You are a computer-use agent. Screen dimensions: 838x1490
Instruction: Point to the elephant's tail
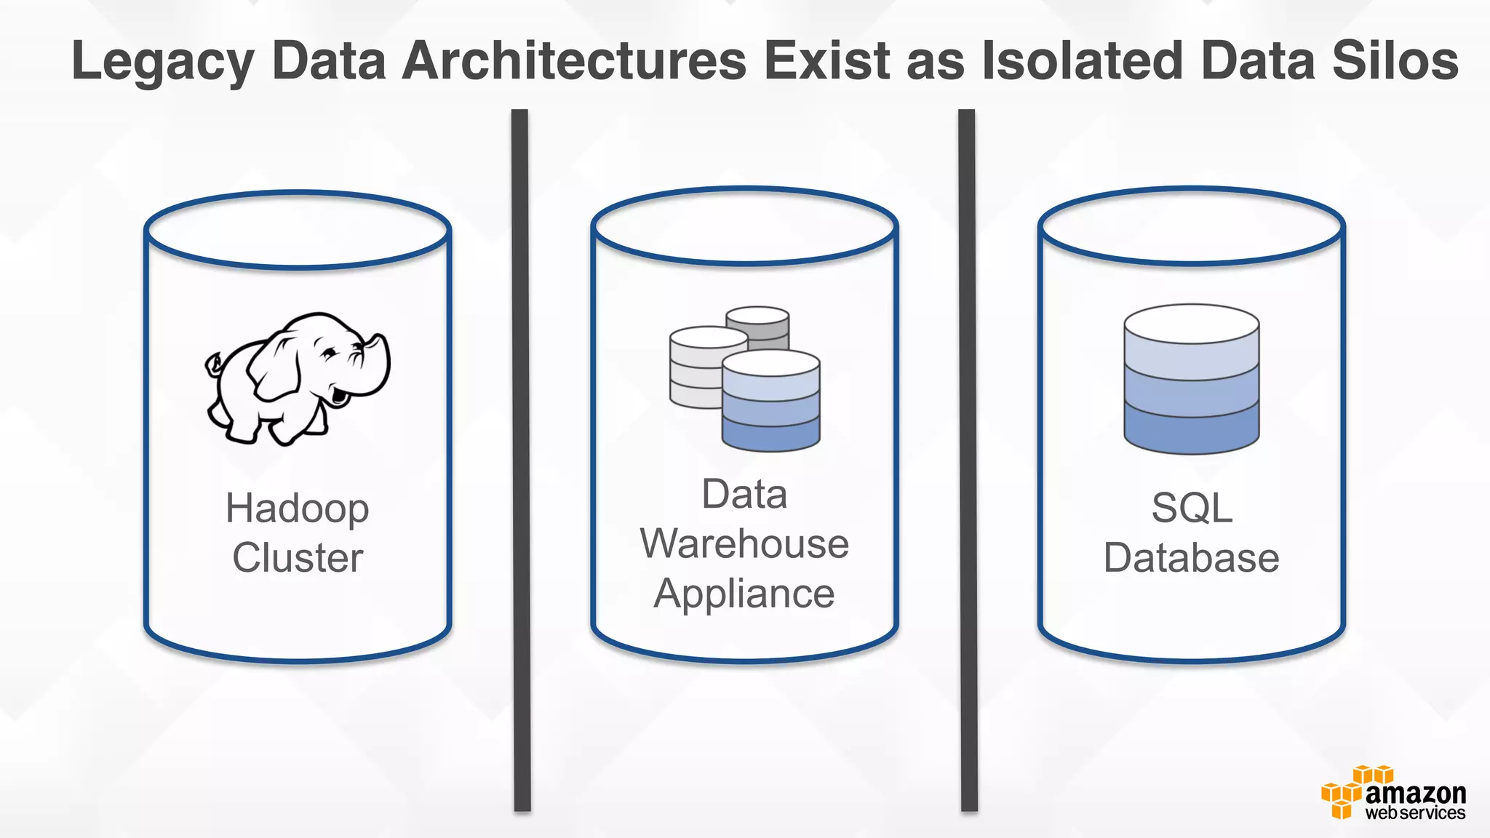click(213, 364)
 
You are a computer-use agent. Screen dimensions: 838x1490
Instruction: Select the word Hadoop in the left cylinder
click(297, 508)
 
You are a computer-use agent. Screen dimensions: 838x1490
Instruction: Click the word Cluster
click(297, 558)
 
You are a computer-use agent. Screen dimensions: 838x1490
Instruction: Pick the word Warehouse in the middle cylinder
click(744, 544)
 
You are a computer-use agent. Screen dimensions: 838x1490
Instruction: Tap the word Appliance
click(744, 594)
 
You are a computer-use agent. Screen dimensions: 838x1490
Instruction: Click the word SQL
click(1191, 508)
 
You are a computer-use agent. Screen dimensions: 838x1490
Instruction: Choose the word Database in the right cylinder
click(1191, 558)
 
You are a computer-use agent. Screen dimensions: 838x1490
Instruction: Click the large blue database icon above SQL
click(1191, 379)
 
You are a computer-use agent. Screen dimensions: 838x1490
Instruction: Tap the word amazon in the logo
click(1415, 792)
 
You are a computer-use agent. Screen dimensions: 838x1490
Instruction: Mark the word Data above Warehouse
click(744, 495)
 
